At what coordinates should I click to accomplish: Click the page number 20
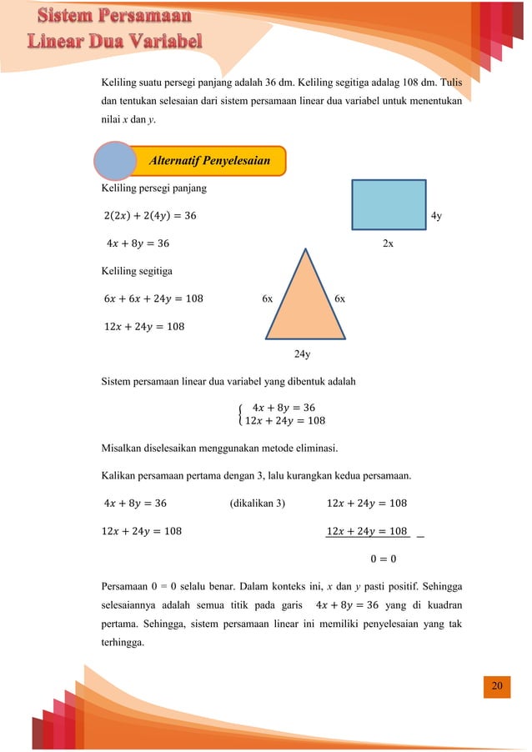pyautogui.click(x=498, y=685)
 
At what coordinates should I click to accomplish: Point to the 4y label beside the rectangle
pyautogui.click(x=436, y=217)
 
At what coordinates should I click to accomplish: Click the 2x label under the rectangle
pyautogui.click(x=388, y=243)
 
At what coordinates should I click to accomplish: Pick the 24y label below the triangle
pyautogui.click(x=303, y=354)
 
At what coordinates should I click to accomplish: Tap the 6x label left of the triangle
pyautogui.click(x=268, y=298)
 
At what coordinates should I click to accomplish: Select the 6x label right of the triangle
pyautogui.click(x=340, y=298)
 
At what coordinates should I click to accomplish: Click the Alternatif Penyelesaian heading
pyautogui.click(x=209, y=160)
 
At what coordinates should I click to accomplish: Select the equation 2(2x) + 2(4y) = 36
pyautogui.click(x=150, y=217)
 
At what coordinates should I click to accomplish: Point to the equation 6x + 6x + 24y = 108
pyautogui.click(x=153, y=298)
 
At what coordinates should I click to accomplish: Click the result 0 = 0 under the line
pyautogui.click(x=383, y=558)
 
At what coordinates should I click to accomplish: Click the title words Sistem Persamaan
pyautogui.click(x=116, y=16)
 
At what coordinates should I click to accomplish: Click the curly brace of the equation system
pyautogui.click(x=241, y=414)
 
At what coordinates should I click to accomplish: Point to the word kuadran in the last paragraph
pyautogui.click(x=442, y=604)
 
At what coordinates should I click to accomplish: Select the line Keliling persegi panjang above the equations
pyautogui.click(x=153, y=189)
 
